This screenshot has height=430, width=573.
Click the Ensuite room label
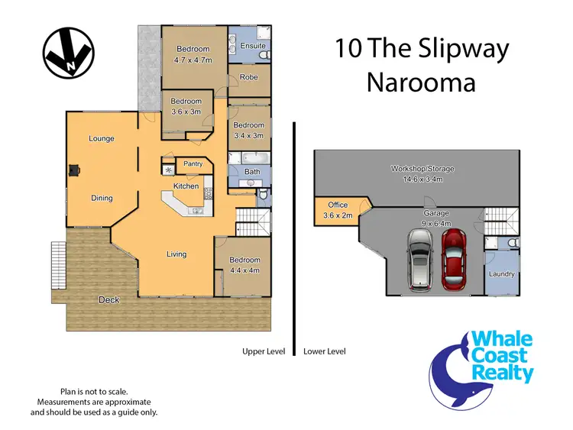(x=253, y=46)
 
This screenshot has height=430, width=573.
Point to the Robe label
(x=249, y=77)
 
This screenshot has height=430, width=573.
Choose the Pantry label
(x=193, y=163)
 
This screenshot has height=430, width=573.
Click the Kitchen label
(x=186, y=186)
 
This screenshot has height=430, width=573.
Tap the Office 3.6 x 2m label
(x=338, y=210)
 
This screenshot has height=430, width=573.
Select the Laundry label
(x=502, y=273)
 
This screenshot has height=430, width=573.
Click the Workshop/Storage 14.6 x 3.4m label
(x=416, y=173)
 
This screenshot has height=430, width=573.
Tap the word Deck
(x=108, y=300)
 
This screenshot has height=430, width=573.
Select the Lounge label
(x=102, y=138)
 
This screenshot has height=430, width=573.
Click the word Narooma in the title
(x=420, y=82)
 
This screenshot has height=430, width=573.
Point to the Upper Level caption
(x=263, y=351)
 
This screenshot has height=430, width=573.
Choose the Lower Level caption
(x=325, y=351)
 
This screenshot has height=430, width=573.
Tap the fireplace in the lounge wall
(x=74, y=170)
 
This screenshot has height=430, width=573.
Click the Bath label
(x=252, y=172)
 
